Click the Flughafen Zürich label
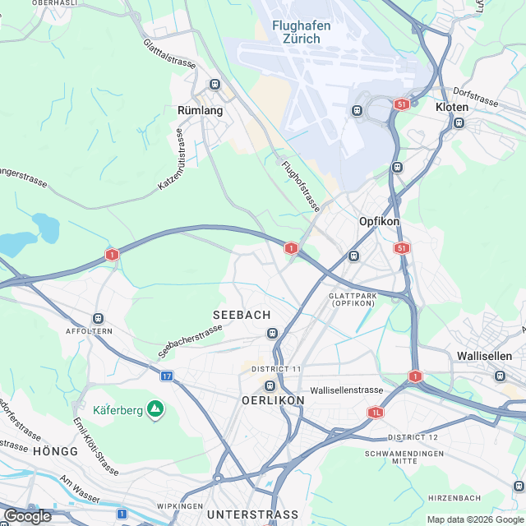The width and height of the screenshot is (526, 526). coord(302,32)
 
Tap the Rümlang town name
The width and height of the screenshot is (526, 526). coord(196,108)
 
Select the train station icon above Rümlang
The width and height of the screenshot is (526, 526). coord(215,84)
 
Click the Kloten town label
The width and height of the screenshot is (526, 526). coord(452,108)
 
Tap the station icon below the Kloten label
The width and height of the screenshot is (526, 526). coord(459,123)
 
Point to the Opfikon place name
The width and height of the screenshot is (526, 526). coord(379,222)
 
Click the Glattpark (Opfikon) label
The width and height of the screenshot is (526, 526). coord(352,299)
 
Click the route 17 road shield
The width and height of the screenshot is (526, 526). coord(167,376)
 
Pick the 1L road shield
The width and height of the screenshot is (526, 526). coord(376,413)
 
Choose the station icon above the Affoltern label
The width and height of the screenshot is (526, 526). coord(99,318)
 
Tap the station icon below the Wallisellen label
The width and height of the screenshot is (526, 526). coord(500,376)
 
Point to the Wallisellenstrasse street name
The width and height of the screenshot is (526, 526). coord(347,390)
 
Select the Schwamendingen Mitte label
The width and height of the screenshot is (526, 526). coord(404,458)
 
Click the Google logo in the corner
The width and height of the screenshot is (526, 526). coord(26,515)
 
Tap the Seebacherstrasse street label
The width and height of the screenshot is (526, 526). coord(190,342)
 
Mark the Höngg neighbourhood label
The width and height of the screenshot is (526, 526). coord(56,452)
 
